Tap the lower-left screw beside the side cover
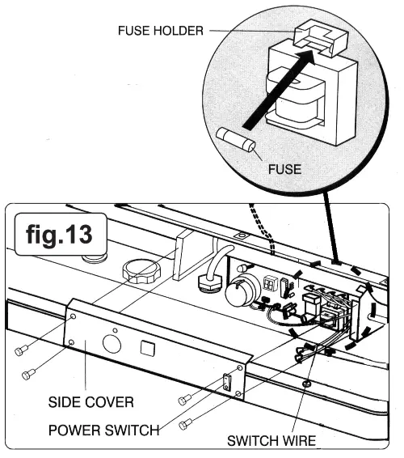28,374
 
